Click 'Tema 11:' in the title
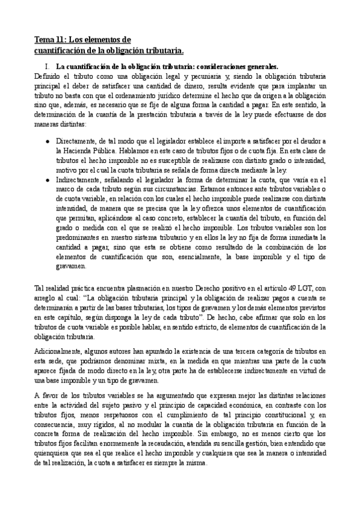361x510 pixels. [50, 40]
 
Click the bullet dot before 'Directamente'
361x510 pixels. [48, 141]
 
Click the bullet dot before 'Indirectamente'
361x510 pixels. [48, 180]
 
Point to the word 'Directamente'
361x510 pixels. [75, 141]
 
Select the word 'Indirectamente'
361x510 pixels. [78, 180]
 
